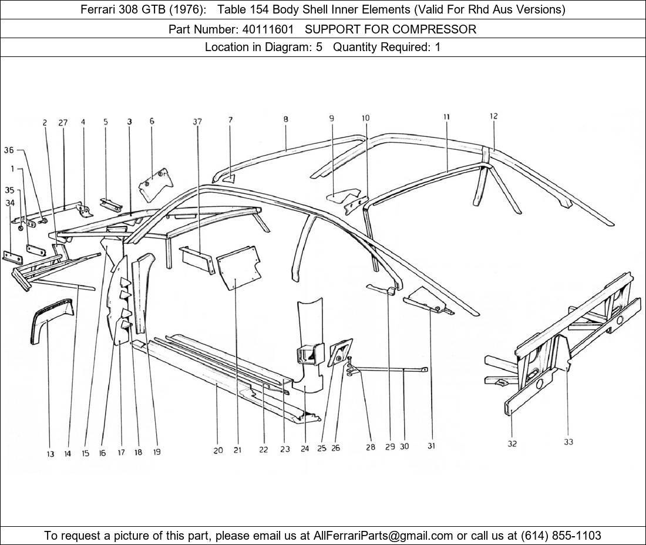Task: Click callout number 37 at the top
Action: [x=197, y=122]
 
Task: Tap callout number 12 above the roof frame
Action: [x=493, y=116]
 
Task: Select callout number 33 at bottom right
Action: [x=568, y=442]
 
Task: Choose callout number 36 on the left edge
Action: [x=9, y=150]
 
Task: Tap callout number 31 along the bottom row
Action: [x=431, y=446]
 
